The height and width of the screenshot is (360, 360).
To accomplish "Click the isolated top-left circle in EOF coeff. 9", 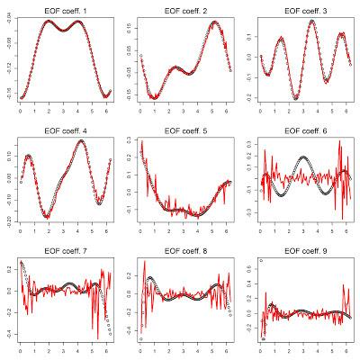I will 261,261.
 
